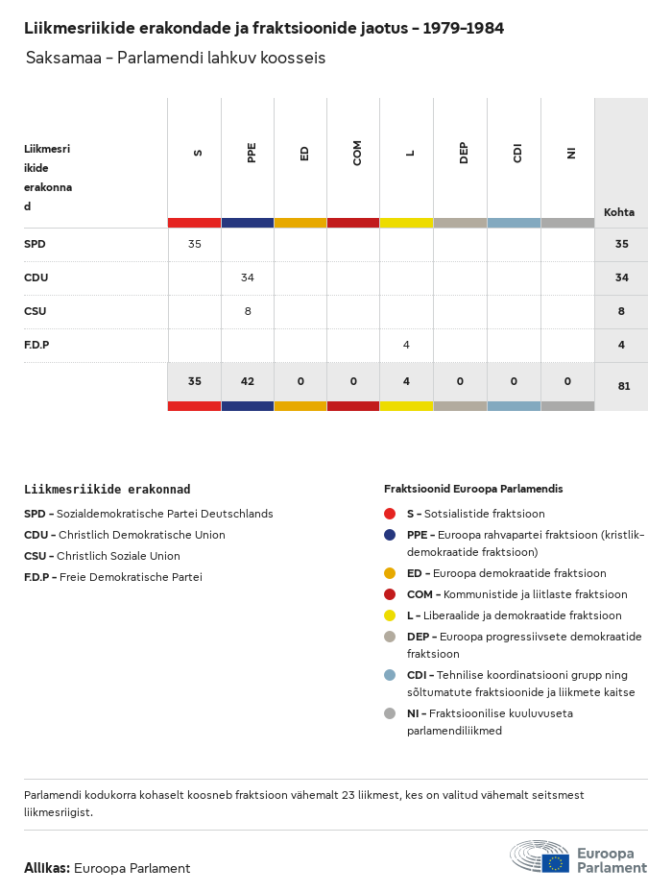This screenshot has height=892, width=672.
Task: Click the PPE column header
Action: click(x=252, y=153)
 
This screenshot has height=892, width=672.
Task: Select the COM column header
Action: click(x=357, y=153)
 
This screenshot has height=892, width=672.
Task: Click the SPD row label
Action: click(x=35, y=244)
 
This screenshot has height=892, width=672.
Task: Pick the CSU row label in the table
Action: click(x=35, y=311)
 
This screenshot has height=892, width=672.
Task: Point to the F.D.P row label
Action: click(x=36, y=345)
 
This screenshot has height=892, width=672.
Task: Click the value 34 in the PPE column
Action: click(x=248, y=277)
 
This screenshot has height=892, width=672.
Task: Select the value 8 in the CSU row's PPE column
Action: click(x=248, y=311)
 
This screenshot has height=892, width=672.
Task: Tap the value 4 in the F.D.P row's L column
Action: click(x=406, y=345)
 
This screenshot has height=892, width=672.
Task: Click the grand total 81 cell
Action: click(x=621, y=386)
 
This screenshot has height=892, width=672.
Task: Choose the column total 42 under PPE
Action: click(x=248, y=381)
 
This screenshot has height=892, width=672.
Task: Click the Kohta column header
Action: click(x=619, y=212)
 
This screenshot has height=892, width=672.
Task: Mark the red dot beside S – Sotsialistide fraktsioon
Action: click(x=390, y=514)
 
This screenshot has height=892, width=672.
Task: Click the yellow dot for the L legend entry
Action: click(x=390, y=615)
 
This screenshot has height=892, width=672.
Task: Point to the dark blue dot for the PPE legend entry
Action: click(x=390, y=535)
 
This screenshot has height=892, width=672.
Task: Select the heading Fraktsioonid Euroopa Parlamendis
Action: click(x=473, y=489)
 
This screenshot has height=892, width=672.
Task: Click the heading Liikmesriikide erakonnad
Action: click(x=107, y=489)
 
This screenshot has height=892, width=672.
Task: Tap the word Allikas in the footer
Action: click(x=46, y=868)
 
